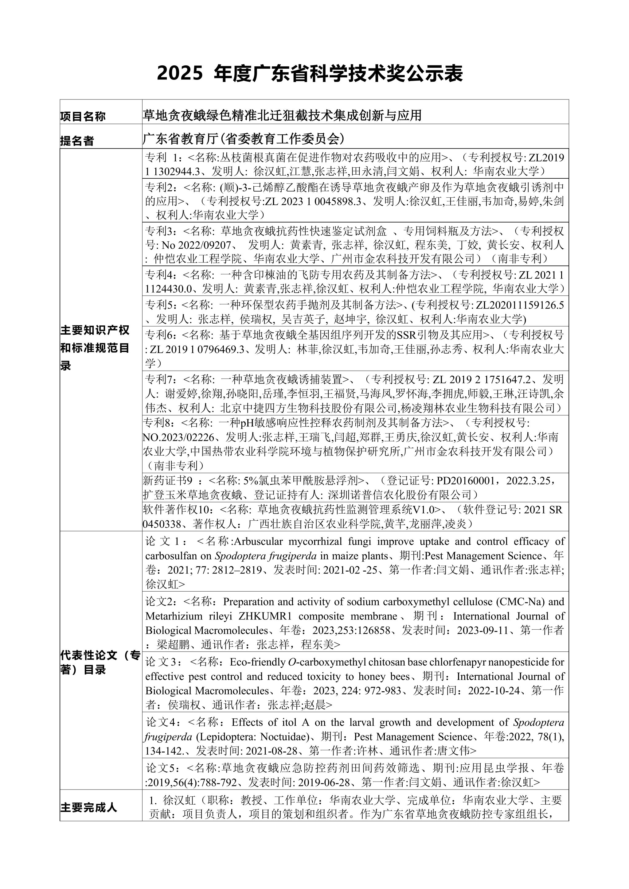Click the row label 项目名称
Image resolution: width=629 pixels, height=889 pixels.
pyautogui.click(x=83, y=116)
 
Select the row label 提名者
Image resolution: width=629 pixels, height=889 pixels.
pyautogui.click(x=77, y=141)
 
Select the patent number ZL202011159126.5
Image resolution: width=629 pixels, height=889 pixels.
pyautogui.click(x=519, y=305)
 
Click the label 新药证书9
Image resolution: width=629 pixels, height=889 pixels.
pyautogui.click(x=167, y=480)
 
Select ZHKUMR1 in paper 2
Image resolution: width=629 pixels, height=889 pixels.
pyautogui.click(x=265, y=616)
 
